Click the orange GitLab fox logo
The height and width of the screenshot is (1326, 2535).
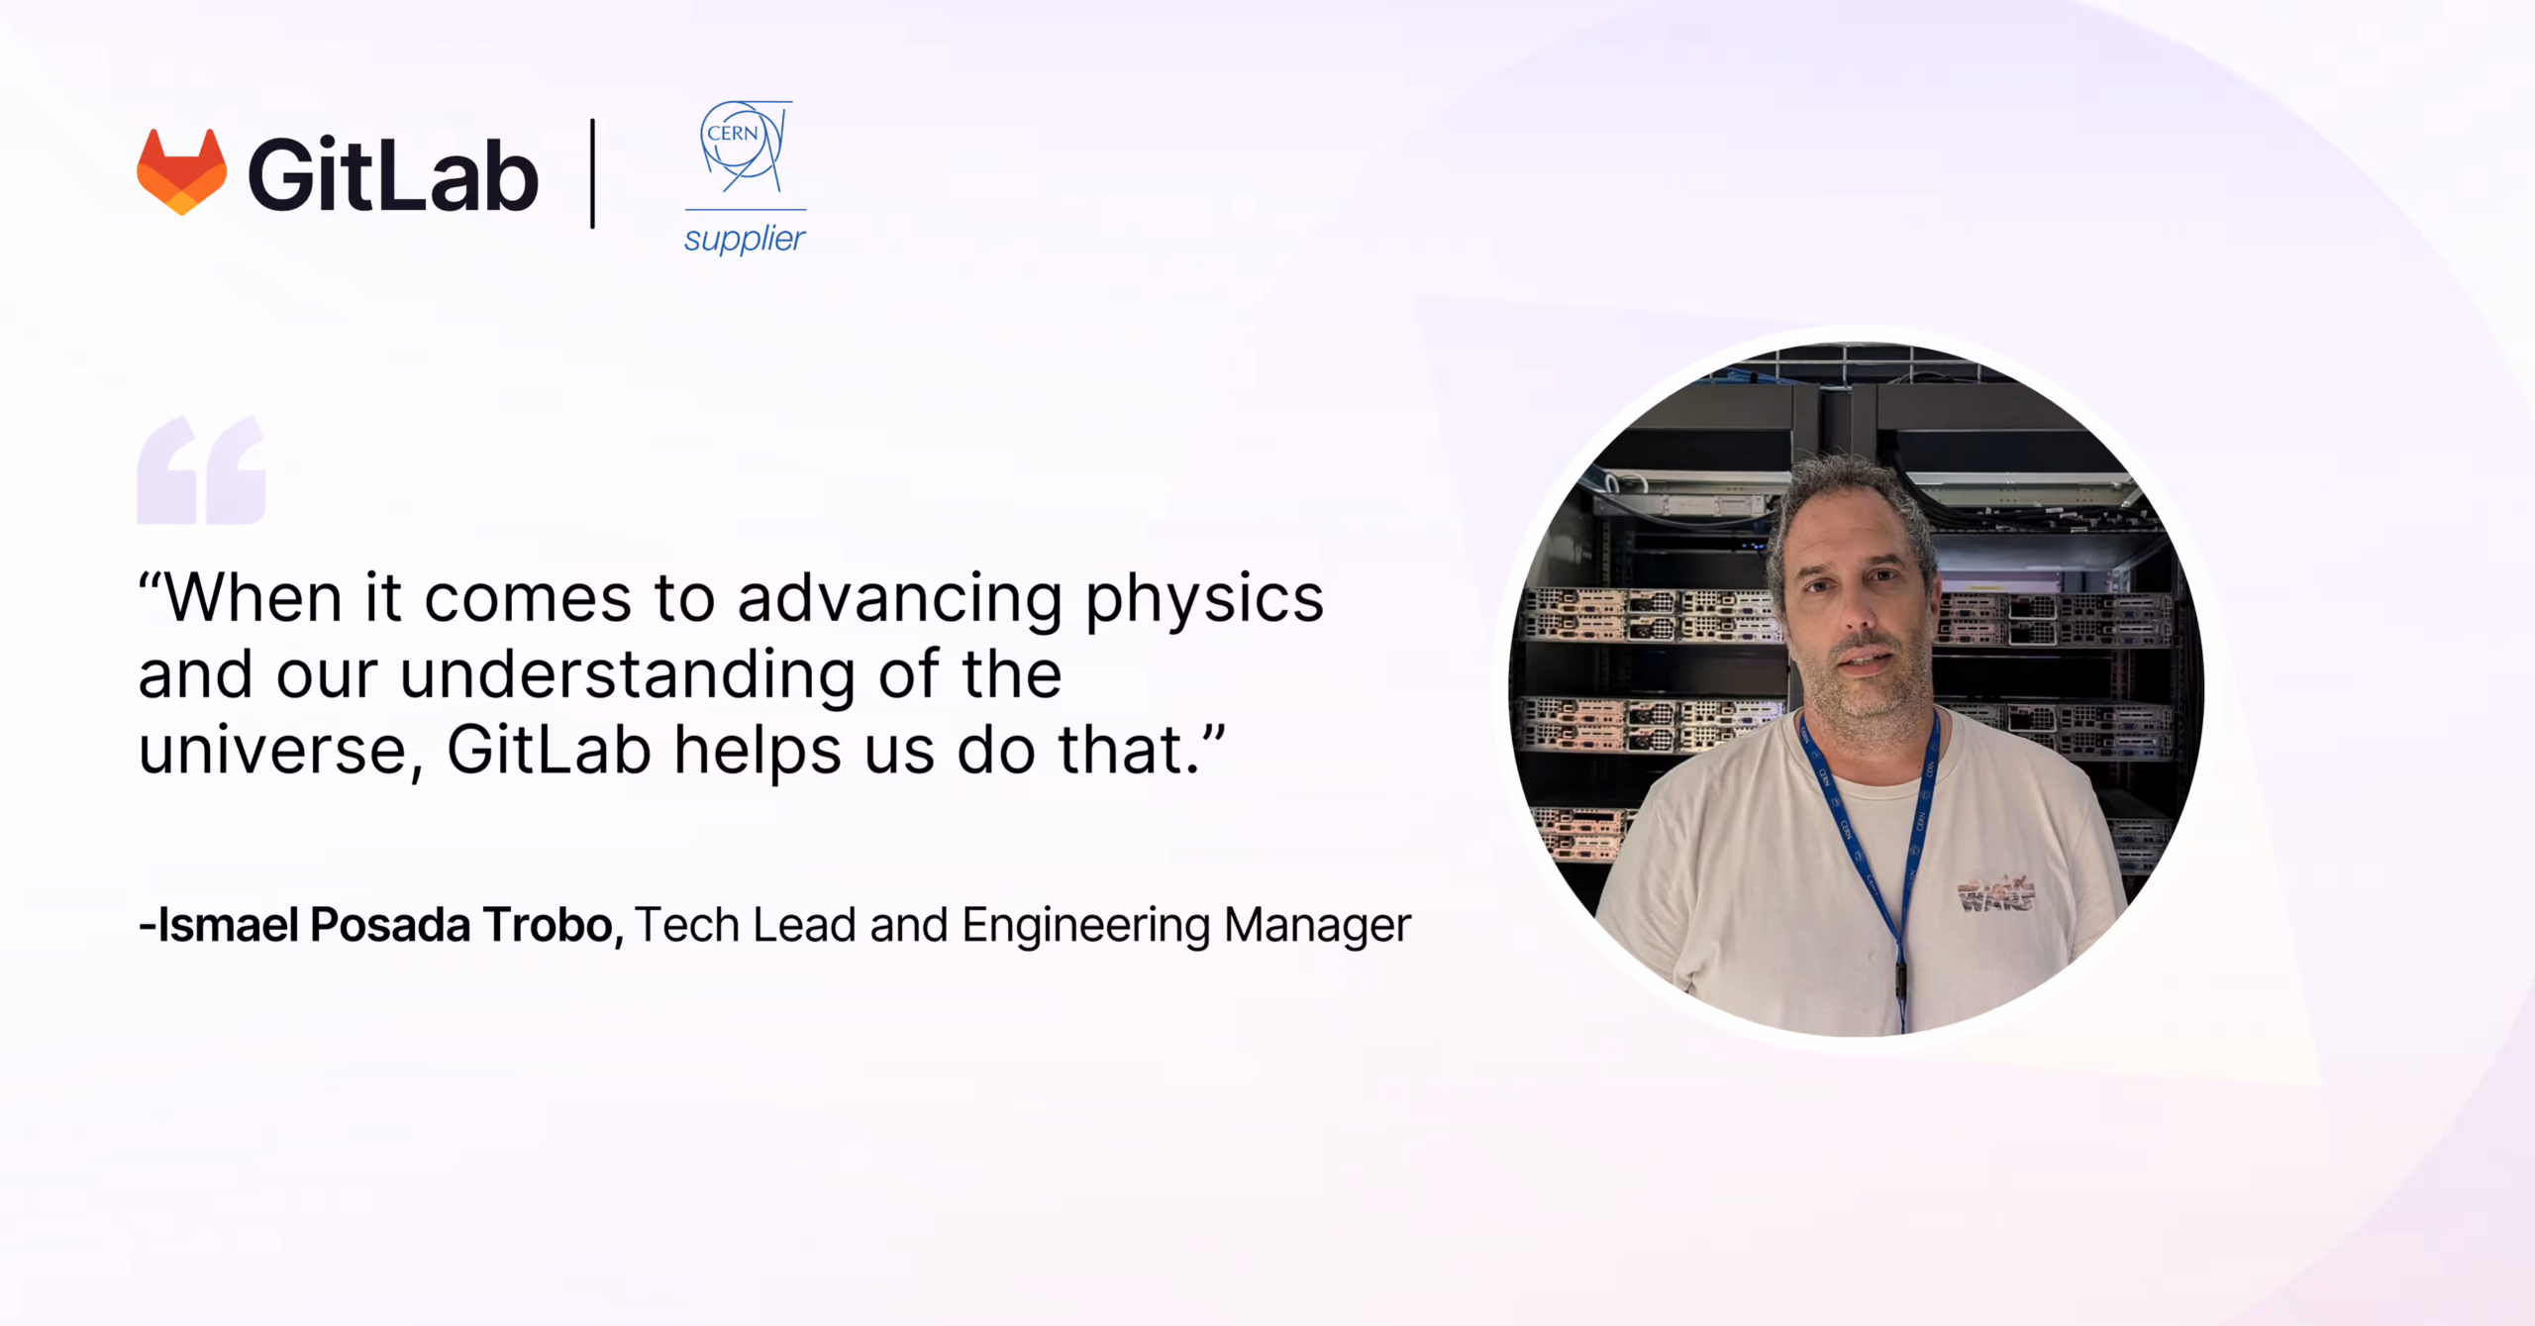click(181, 171)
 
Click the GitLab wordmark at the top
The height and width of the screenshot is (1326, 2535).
click(393, 175)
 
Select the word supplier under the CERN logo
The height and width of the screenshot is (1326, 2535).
click(745, 239)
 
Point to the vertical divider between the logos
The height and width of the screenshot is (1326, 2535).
click(592, 173)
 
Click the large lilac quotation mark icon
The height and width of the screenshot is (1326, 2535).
click(202, 469)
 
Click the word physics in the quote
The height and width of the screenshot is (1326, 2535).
click(1204, 600)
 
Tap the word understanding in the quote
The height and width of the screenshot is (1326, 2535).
click(627, 674)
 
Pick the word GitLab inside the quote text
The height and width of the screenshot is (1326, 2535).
click(549, 750)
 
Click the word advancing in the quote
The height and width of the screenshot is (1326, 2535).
click(900, 600)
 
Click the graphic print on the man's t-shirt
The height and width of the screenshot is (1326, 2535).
click(1996, 893)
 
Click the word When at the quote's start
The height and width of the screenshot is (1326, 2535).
click(253, 598)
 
